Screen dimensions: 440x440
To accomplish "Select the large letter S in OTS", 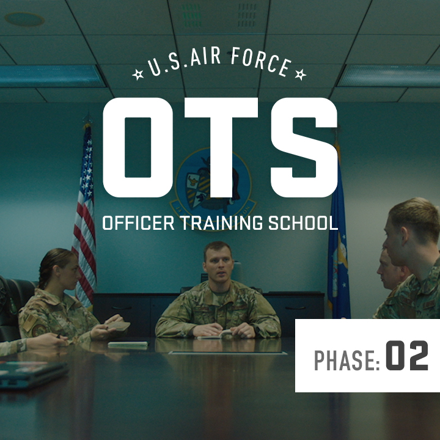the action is (304, 147).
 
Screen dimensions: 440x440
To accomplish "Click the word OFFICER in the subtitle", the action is (138, 223).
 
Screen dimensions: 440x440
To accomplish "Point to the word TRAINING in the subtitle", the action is (221, 223).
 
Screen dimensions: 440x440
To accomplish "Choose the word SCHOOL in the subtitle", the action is (303, 223).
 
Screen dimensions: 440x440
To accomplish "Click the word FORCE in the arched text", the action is (260, 61).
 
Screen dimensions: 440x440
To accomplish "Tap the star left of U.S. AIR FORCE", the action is (137, 75).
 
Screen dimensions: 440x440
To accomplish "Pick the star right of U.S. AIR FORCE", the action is (300, 75).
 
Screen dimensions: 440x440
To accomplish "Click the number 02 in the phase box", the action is (407, 356).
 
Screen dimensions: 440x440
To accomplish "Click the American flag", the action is (84, 213).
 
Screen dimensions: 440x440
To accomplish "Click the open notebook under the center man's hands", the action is (216, 335).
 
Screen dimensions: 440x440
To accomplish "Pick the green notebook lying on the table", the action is (128, 345).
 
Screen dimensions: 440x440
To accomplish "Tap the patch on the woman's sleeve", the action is (39, 330).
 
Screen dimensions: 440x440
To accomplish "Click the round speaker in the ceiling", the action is (24, 19).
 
